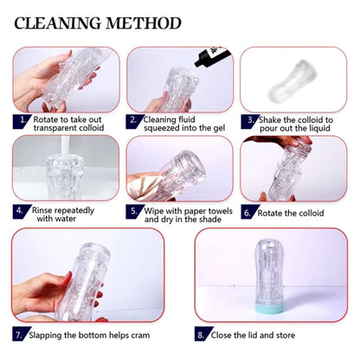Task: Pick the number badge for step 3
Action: (x=247, y=119)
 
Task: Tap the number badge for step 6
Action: (x=247, y=210)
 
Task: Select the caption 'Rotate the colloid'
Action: (x=291, y=211)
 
